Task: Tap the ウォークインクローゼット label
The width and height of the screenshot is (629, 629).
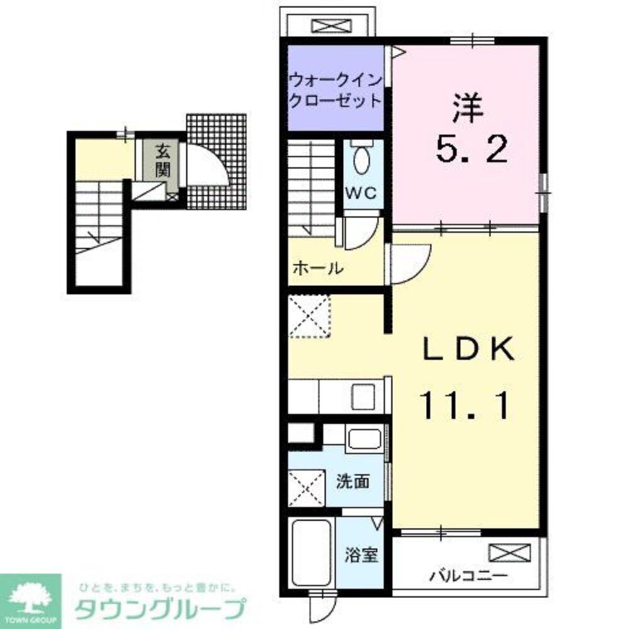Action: click(335, 91)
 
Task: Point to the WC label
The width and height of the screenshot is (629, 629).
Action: click(362, 194)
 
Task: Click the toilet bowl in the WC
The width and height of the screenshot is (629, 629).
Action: click(363, 161)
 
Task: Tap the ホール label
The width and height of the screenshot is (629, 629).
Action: click(317, 269)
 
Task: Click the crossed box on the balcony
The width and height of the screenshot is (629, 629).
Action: click(510, 554)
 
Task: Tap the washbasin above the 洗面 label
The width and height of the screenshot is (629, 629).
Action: click(364, 438)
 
